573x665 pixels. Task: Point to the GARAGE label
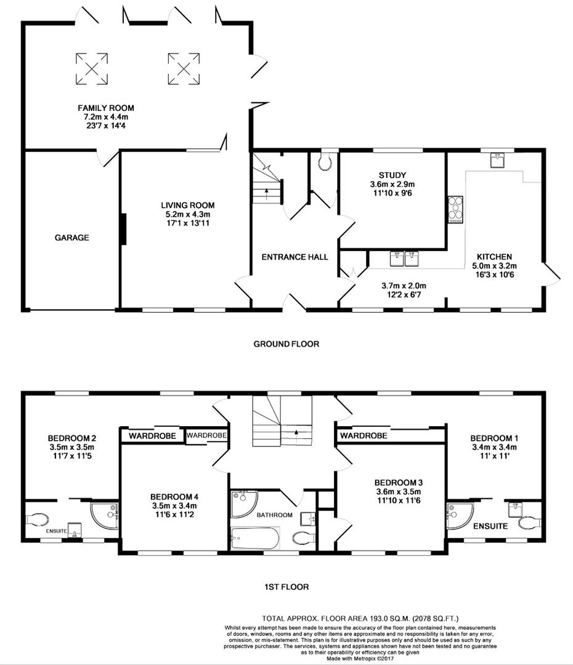(71, 238)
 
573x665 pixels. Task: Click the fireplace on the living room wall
(123, 228)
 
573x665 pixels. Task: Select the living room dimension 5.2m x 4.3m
(188, 214)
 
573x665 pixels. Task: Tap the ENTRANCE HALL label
(295, 257)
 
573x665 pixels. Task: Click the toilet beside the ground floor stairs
(325, 162)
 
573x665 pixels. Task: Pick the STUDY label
(392, 175)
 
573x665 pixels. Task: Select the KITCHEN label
(494, 256)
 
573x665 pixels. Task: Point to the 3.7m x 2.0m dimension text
(404, 285)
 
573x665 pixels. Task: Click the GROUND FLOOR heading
(286, 344)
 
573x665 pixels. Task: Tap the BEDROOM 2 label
(71, 438)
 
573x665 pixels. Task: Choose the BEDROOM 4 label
(173, 496)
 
